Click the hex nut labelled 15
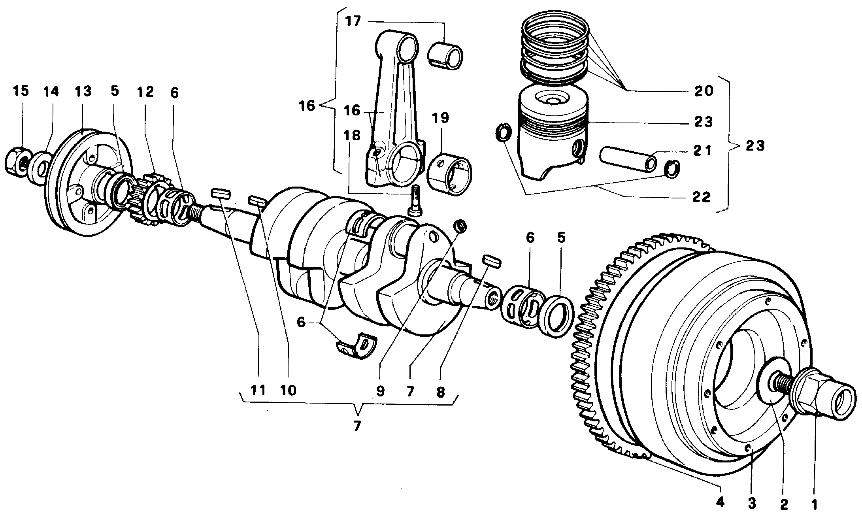[18, 162]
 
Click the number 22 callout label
[701, 196]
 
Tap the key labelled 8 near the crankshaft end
[492, 261]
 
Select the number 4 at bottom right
[720, 502]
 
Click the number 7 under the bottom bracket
[357, 426]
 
